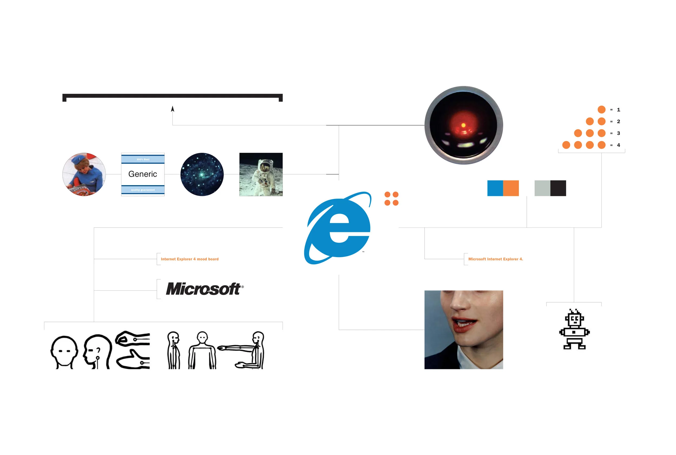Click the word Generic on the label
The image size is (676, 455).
pyautogui.click(x=143, y=174)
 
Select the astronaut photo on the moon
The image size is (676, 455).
pyautogui.click(x=261, y=174)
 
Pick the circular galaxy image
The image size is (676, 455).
pyautogui.click(x=202, y=174)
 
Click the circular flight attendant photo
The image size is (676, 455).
pyautogui.click(x=84, y=174)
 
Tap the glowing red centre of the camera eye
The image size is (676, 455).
pyautogui.click(x=463, y=126)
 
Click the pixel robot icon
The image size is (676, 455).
pyautogui.click(x=574, y=329)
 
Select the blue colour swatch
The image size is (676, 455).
pyautogui.click(x=495, y=188)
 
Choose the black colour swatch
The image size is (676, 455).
pyautogui.click(x=558, y=188)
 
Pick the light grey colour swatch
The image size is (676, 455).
pyautogui.click(x=542, y=188)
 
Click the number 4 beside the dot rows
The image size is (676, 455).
pyautogui.click(x=618, y=145)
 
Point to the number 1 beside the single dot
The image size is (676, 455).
pyautogui.click(x=618, y=110)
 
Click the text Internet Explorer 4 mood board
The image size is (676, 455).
pyautogui.click(x=190, y=259)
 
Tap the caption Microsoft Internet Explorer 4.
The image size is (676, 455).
pyautogui.click(x=495, y=259)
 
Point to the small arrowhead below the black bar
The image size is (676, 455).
pyautogui.click(x=173, y=109)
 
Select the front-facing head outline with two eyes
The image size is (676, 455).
pyautogui.click(x=64, y=352)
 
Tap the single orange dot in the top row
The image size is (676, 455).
pyautogui.click(x=601, y=109)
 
